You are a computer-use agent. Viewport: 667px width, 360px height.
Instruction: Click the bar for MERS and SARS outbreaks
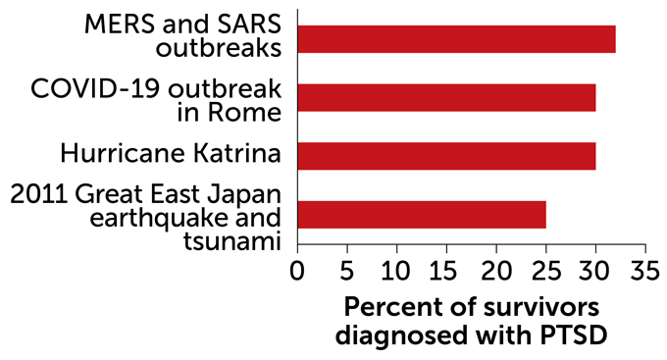pyautogui.click(x=456, y=39)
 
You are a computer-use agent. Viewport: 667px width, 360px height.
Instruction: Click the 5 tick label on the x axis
pyautogui.click(x=346, y=269)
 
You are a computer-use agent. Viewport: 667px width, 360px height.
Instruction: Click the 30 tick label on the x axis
pyautogui.click(x=595, y=269)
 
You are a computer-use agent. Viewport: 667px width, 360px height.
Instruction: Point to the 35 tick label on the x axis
pyautogui.click(x=644, y=269)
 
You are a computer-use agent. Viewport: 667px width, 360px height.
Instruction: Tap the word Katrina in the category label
pyautogui.click(x=234, y=155)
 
